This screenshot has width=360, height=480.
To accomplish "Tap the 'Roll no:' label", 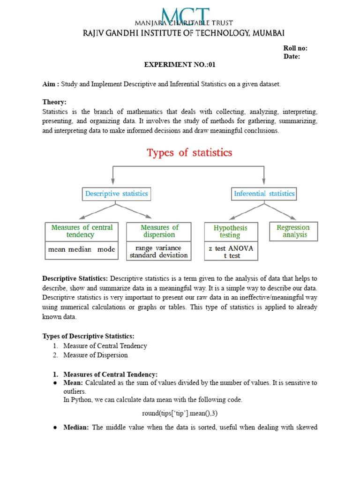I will click(x=295, y=48).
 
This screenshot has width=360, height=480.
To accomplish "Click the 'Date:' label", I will click(x=292, y=57).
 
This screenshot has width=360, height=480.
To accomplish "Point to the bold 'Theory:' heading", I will click(x=54, y=102).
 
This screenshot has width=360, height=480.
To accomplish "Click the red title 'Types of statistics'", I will click(x=189, y=153).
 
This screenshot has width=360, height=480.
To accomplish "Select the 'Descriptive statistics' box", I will click(x=116, y=194).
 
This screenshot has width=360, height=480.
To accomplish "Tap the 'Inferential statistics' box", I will click(x=264, y=194).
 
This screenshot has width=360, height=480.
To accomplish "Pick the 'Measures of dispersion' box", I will click(x=159, y=231).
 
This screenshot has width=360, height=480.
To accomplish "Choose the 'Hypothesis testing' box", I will click(x=230, y=232).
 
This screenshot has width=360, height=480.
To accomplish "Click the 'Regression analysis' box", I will click(x=293, y=231).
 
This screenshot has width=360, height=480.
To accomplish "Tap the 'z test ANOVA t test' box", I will click(x=231, y=252).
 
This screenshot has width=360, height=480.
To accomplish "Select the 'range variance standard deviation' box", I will click(x=159, y=252).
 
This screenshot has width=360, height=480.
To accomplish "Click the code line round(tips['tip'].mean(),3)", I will click(x=180, y=413).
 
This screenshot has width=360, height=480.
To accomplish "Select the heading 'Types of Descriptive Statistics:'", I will click(x=89, y=336).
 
